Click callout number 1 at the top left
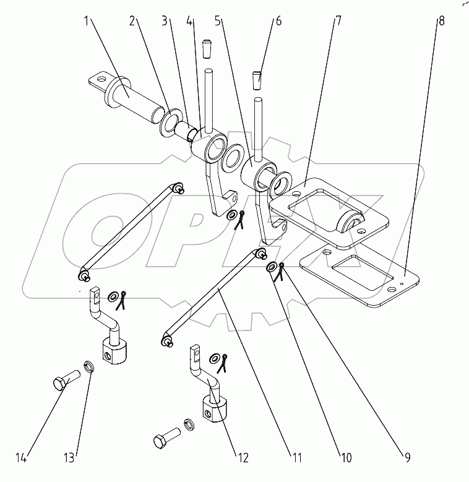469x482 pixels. click(x=88, y=21)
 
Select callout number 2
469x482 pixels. click(x=133, y=21)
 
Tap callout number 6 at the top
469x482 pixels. click(x=278, y=21)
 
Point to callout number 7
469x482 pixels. click(x=338, y=21)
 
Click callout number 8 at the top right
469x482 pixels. click(x=440, y=21)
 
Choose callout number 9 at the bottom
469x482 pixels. click(x=408, y=458)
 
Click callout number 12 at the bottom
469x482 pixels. click(x=241, y=458)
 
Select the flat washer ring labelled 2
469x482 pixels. click(x=168, y=123)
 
